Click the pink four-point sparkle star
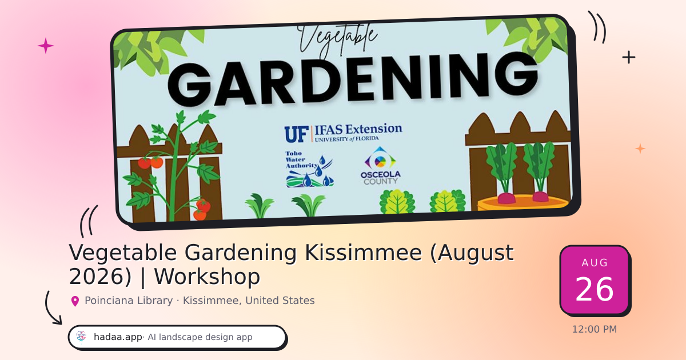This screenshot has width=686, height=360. click(x=46, y=46)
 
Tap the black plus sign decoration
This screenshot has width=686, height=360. click(x=629, y=57)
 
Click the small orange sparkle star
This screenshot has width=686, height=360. click(x=640, y=149)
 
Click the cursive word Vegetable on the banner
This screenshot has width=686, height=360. click(x=337, y=40)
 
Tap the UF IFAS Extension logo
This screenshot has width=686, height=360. click(x=344, y=133)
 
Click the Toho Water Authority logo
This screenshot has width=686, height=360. click(x=309, y=169)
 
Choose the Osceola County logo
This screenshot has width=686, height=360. click(x=380, y=166)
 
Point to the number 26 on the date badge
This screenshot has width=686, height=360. click(x=595, y=289)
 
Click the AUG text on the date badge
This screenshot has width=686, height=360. click(x=595, y=263)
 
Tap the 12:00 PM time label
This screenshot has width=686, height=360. click(x=595, y=329)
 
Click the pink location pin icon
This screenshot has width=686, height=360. click(x=75, y=301)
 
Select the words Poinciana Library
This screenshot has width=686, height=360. click(x=129, y=301)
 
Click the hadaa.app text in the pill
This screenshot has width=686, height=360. click(x=118, y=337)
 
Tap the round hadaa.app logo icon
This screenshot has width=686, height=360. click(x=81, y=337)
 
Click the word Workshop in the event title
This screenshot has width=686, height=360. click(x=207, y=277)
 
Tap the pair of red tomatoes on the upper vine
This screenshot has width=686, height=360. click(x=150, y=162)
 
